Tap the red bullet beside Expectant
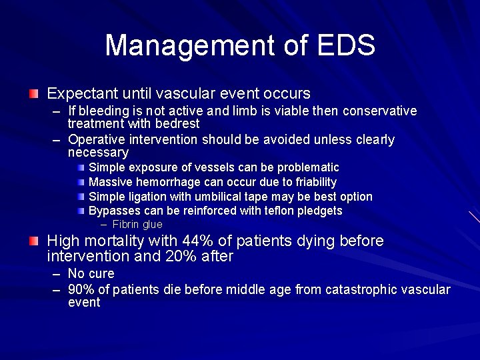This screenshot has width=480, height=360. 34,93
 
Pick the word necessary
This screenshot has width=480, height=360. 98,153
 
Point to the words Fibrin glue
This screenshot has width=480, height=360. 137,225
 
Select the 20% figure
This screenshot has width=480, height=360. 187,256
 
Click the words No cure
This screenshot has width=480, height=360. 91,273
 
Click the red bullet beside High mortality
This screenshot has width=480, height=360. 34,241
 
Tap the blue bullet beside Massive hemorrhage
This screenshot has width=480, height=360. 81,182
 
